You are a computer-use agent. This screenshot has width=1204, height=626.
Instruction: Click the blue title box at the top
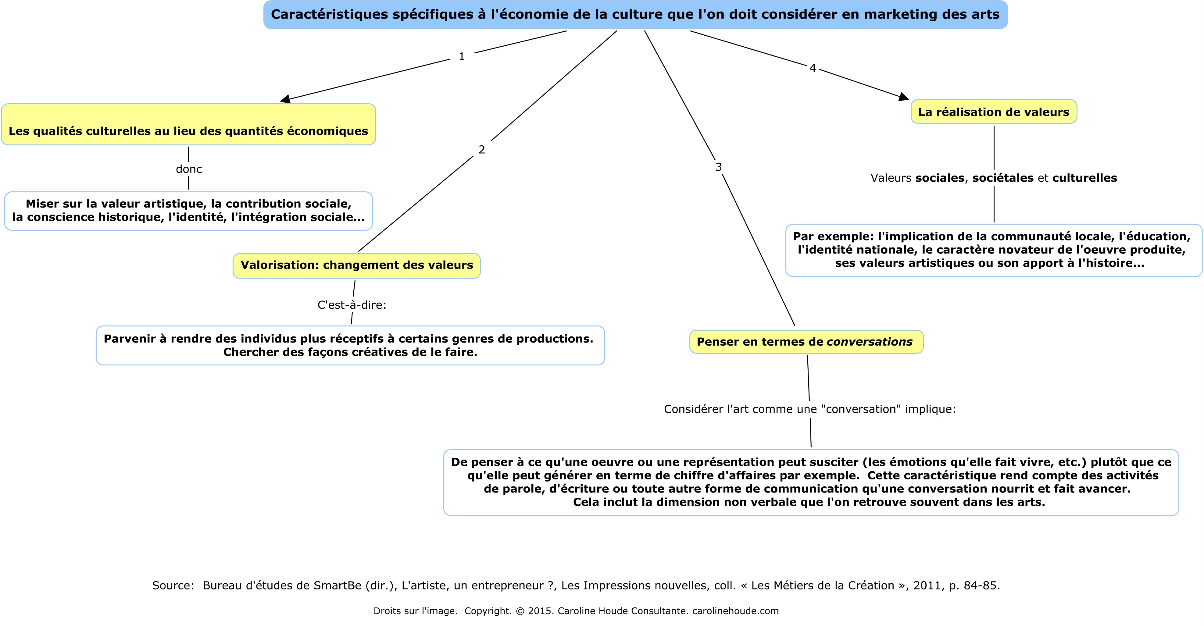(x=635, y=15)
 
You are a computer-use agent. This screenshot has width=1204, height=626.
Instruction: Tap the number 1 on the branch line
(x=462, y=56)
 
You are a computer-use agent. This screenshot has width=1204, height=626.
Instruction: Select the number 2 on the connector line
(x=482, y=150)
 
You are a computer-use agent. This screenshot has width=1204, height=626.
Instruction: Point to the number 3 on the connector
(x=718, y=167)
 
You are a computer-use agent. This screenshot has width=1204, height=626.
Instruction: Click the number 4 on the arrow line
(x=813, y=68)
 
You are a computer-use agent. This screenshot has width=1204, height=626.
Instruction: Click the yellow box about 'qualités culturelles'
(x=188, y=125)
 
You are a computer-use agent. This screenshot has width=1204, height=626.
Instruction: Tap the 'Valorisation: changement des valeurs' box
(x=357, y=265)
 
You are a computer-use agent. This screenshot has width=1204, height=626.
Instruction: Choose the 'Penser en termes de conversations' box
(x=806, y=342)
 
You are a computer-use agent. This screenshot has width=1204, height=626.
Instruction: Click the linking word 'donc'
(x=189, y=169)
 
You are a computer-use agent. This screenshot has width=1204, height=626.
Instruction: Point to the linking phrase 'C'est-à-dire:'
(x=352, y=305)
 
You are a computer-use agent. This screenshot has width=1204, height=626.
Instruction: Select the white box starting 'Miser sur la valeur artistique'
(x=188, y=211)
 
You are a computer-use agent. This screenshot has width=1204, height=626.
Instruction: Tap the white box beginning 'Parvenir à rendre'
(x=350, y=345)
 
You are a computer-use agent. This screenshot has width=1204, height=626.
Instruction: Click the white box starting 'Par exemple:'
(x=993, y=250)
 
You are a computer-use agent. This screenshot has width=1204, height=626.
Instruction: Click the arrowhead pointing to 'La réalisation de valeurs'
(x=903, y=97)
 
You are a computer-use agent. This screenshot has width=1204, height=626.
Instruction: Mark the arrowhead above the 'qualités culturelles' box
(x=286, y=99)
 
